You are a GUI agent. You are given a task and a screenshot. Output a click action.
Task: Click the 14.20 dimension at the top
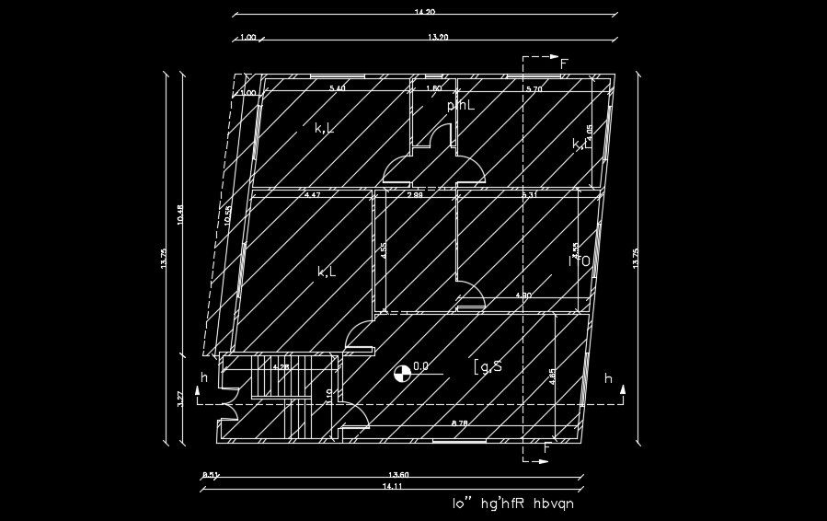click(424, 12)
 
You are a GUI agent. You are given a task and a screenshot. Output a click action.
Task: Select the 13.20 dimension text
click(439, 37)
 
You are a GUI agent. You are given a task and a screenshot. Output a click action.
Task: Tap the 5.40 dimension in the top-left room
click(338, 88)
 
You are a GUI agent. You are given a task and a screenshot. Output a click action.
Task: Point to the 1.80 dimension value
click(434, 88)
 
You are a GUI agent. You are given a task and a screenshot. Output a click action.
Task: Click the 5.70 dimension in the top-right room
click(534, 88)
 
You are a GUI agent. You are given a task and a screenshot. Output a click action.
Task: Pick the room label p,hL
click(461, 106)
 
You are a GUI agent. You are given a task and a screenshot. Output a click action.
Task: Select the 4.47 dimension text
click(312, 195)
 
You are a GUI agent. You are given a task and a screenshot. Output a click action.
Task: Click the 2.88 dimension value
click(415, 195)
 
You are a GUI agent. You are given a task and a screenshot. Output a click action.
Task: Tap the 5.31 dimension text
click(529, 195)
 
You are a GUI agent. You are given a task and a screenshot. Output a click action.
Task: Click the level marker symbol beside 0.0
click(402, 374)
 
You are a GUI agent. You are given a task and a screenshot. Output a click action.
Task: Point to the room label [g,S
click(488, 366)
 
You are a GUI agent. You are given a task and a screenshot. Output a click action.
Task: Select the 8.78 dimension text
click(460, 423)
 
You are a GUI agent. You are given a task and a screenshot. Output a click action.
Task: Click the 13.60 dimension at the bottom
click(398, 475)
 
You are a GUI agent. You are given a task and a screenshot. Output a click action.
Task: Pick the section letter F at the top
click(564, 64)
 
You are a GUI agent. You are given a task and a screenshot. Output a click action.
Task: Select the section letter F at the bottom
click(546, 448)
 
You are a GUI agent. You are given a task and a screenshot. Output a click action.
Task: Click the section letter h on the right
click(608, 378)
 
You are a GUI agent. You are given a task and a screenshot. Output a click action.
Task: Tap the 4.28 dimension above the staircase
click(281, 367)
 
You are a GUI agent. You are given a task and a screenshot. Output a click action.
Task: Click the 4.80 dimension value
click(523, 295)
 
